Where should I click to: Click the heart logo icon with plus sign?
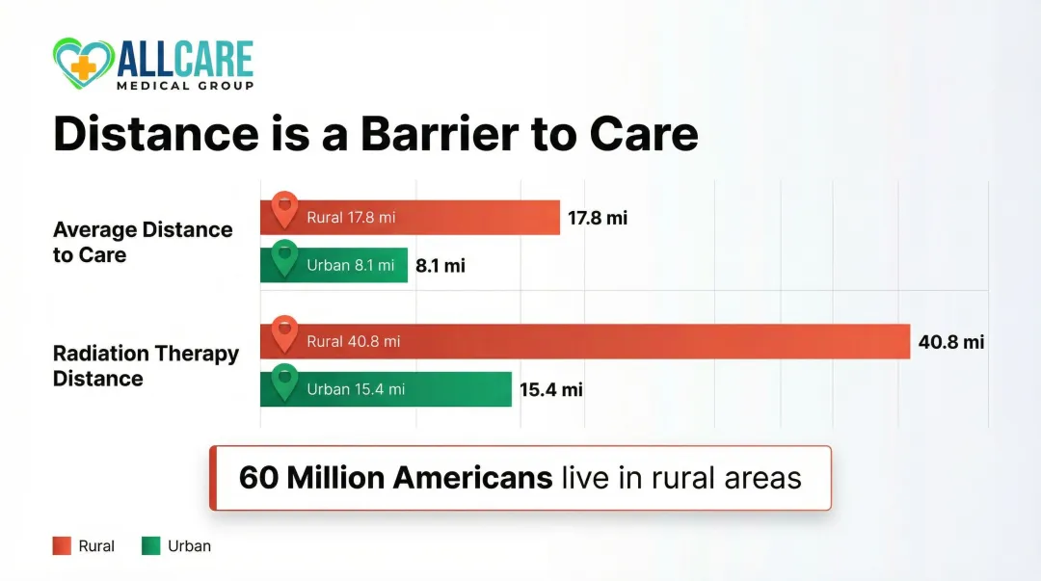81,64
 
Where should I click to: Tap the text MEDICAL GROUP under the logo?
184,86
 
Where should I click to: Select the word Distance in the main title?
155,133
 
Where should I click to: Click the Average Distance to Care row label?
143,242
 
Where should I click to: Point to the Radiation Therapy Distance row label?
146,366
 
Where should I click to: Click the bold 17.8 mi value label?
598,218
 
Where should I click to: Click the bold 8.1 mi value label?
440,266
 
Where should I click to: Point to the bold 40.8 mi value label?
950,342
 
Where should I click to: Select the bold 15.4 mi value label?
551,390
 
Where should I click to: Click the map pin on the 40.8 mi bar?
283,334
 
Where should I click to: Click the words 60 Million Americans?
395,478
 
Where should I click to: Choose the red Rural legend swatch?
62,546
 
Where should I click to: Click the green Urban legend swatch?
150,546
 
